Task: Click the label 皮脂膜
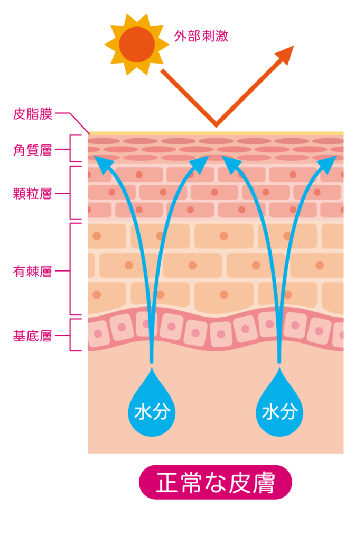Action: tap(33, 114)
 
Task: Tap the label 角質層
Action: tap(33, 150)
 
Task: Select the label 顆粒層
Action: tap(33, 194)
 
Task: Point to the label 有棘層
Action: tap(33, 272)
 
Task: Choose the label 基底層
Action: tap(33, 336)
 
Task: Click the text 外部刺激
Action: tap(201, 36)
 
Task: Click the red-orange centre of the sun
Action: tap(137, 44)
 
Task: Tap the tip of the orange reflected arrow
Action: tap(294, 46)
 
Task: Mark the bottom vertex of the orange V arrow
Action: tap(216, 125)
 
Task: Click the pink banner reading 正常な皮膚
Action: tap(216, 482)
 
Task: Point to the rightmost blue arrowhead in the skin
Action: tap(328, 164)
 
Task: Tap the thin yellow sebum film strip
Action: tap(216, 133)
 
